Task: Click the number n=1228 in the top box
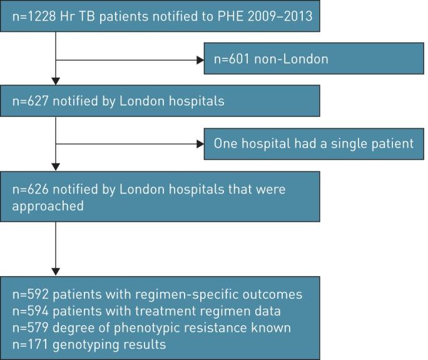pyautogui.click(x=31, y=15)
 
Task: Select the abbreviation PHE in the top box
pyautogui.click(x=212, y=15)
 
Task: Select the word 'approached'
pyautogui.click(x=48, y=205)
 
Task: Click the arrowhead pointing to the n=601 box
pyautogui.click(x=200, y=61)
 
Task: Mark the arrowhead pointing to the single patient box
pyautogui.click(x=200, y=144)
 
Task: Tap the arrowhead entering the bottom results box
pyautogui.click(x=56, y=272)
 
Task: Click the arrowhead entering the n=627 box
pyautogui.click(x=56, y=81)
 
